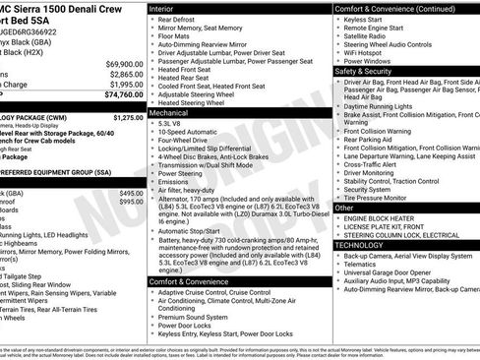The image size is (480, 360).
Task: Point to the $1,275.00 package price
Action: [x=128, y=117]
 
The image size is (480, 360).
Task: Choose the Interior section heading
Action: [x=162, y=8]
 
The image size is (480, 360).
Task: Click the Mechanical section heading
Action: [x=170, y=113]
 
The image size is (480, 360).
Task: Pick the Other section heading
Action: [x=345, y=208]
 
